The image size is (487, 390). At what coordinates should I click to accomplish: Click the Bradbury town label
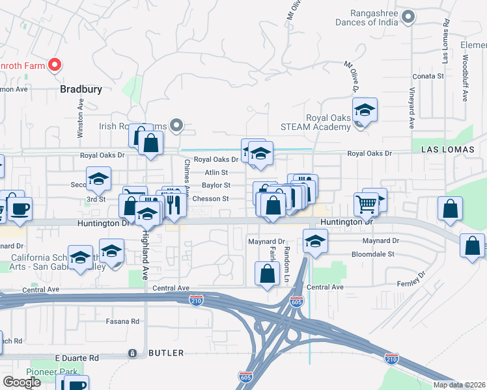pos(81,89)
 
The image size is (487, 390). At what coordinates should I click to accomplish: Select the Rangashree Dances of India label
pos(365,18)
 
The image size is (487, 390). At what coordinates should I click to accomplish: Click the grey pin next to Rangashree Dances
pos(408,17)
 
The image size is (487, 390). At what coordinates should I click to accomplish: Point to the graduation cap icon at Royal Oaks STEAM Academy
pos(365,109)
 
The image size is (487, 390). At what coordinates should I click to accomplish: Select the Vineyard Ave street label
pos(411,107)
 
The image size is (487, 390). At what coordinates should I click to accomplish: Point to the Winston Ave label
pos(80,118)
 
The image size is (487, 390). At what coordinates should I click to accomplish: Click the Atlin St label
pos(216,173)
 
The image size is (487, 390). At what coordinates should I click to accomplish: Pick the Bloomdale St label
pos(374,254)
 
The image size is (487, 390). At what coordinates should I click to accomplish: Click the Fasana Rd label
pos(122,321)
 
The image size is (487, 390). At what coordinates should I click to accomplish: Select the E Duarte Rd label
pos(76,357)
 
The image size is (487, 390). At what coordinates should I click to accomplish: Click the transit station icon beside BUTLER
pos(133,353)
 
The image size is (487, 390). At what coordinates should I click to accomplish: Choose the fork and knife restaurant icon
pos(172,204)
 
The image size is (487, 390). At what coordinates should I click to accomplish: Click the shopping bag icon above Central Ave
pos(268,273)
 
